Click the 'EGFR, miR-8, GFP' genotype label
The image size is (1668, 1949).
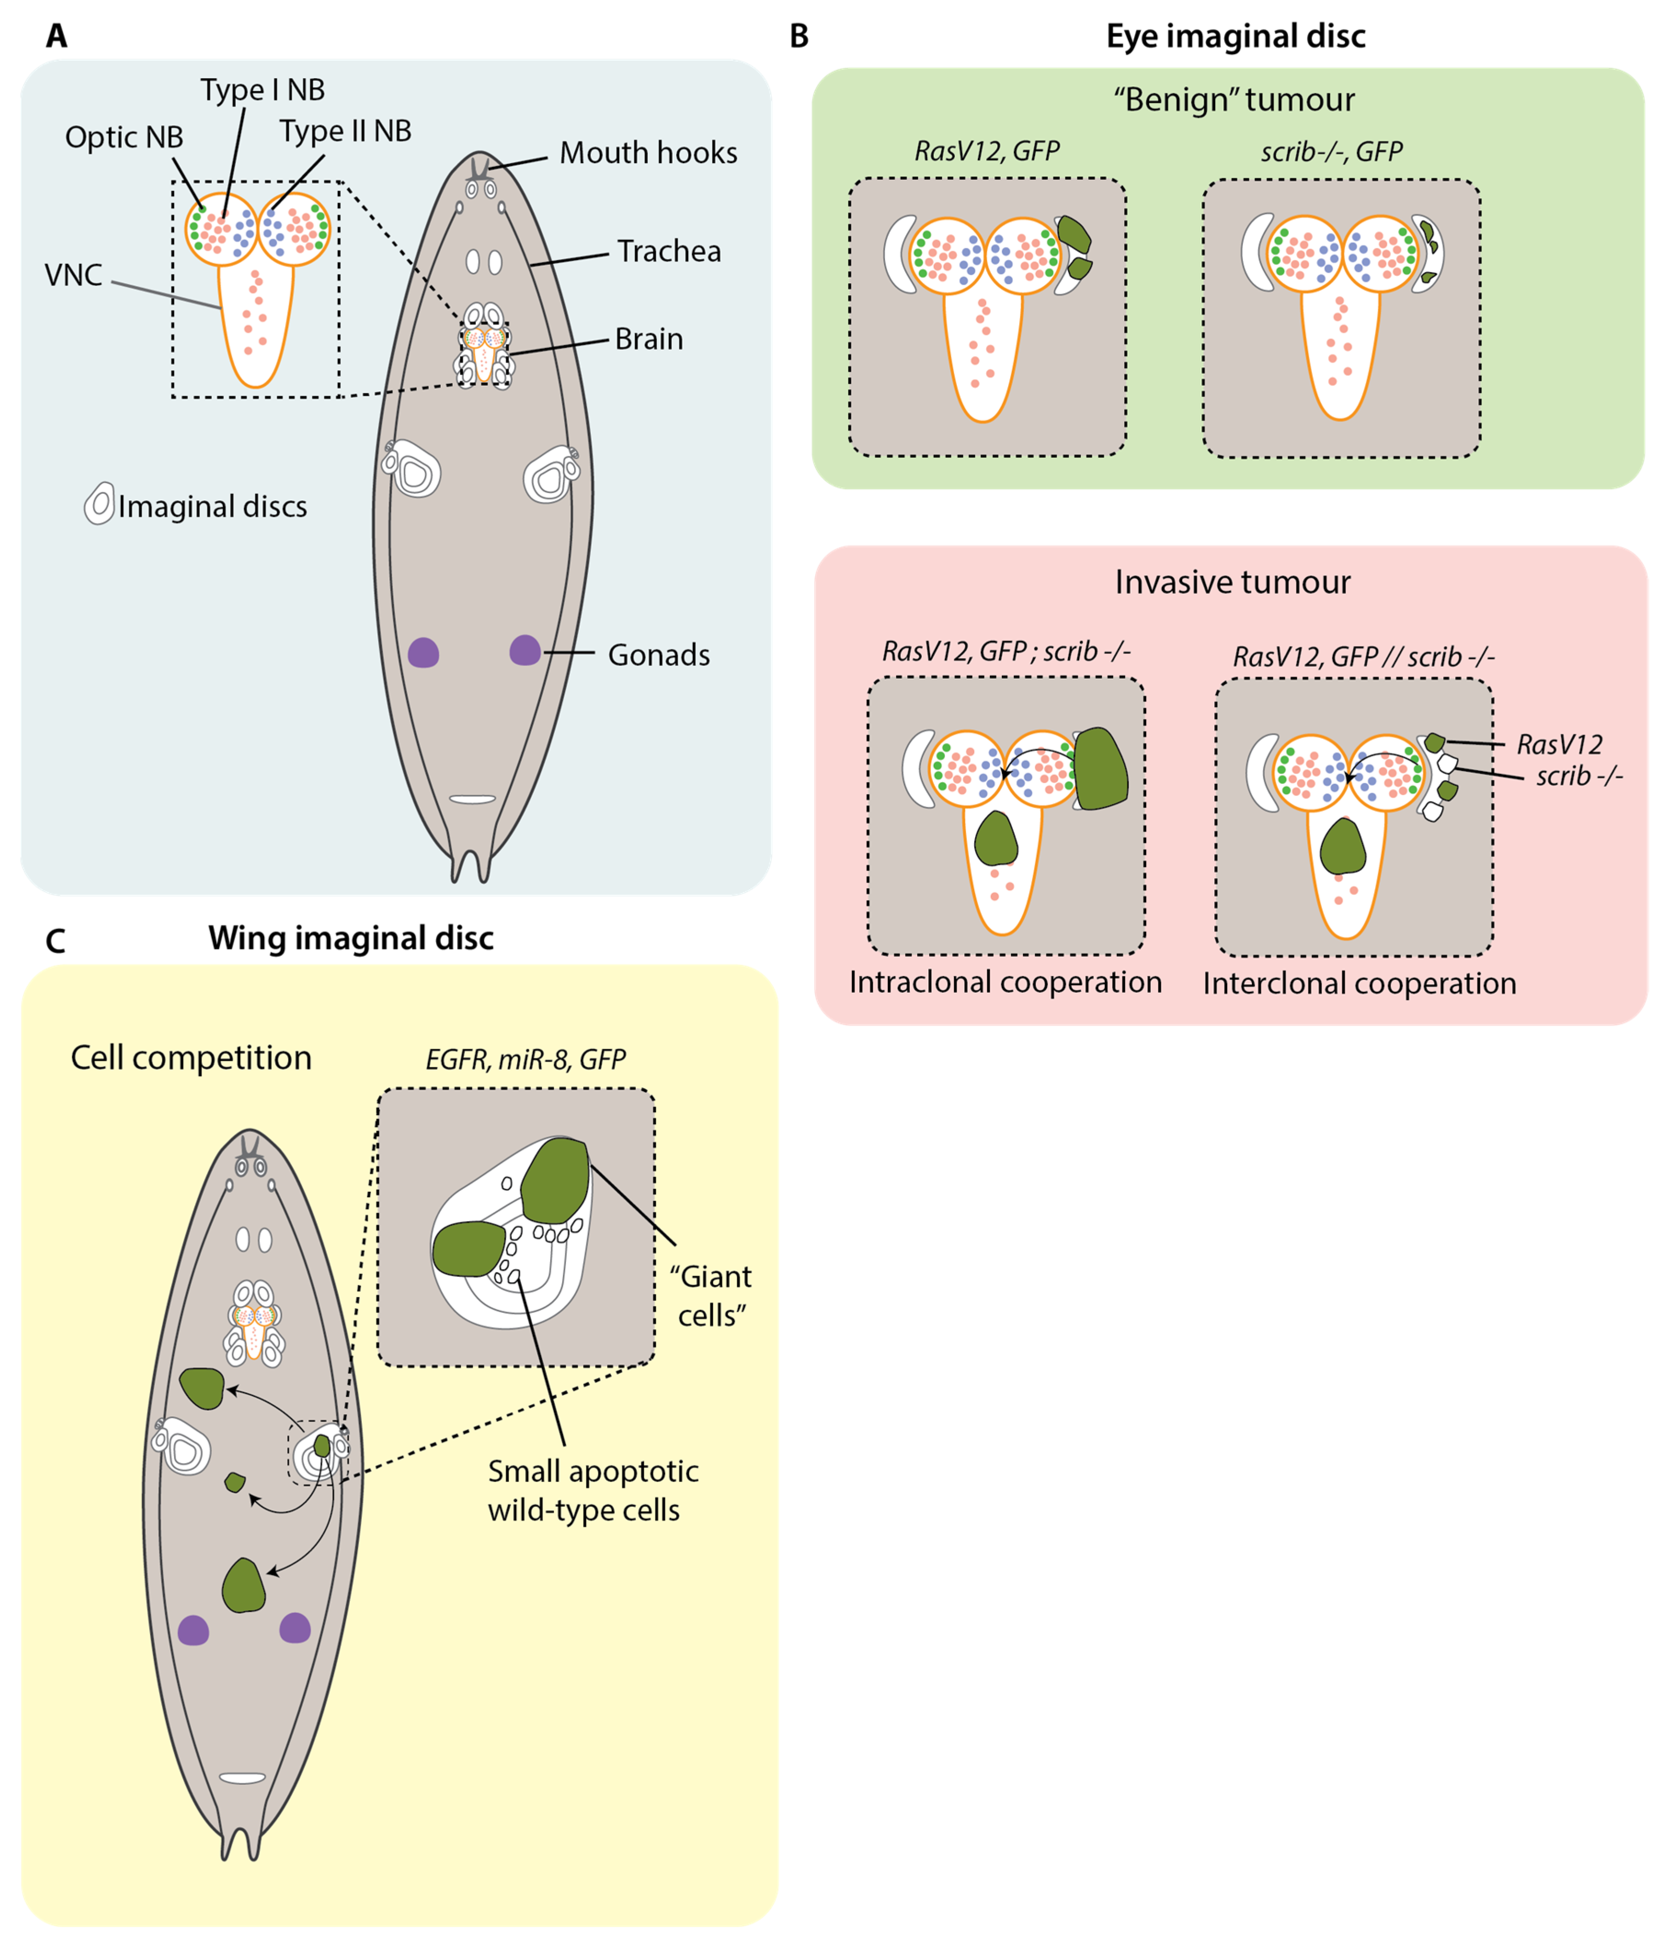click(x=525, y=1060)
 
